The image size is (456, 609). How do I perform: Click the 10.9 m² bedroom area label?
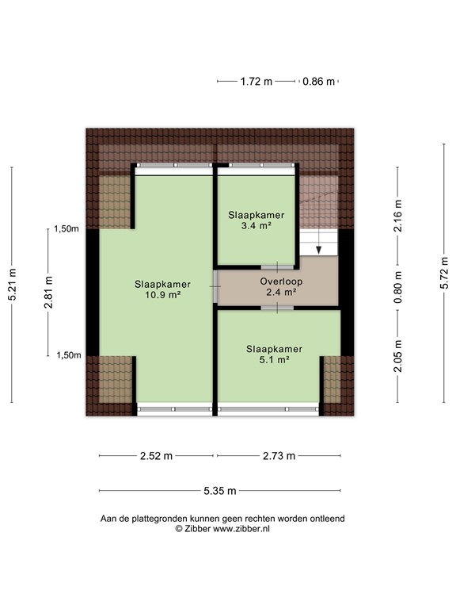click(x=163, y=289)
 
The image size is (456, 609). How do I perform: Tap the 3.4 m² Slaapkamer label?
click(x=256, y=220)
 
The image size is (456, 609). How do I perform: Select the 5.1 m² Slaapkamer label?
click(x=274, y=354)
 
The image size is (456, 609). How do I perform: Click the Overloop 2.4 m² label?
click(x=281, y=286)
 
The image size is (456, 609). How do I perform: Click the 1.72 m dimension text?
click(x=256, y=82)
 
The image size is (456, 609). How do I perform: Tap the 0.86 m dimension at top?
click(x=318, y=82)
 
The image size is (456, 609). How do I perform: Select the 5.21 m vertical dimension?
click(x=12, y=285)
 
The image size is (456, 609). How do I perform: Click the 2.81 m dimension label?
click(x=48, y=292)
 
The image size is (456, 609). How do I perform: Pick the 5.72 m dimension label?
click(x=444, y=273)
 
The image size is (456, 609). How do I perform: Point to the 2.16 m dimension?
click(x=398, y=216)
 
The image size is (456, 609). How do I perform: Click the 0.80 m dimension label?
click(x=398, y=287)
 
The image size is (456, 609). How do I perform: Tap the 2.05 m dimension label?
click(x=398, y=356)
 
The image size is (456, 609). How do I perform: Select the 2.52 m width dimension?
click(x=156, y=456)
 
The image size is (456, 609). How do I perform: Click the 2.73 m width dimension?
click(x=279, y=456)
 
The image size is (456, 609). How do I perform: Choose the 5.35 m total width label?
click(x=220, y=491)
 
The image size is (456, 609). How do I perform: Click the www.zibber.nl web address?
click(x=241, y=529)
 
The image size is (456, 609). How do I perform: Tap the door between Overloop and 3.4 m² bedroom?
click(x=277, y=267)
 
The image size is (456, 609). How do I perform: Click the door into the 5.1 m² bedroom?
click(x=277, y=308)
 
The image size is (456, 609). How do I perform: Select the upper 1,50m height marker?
click(x=66, y=228)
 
